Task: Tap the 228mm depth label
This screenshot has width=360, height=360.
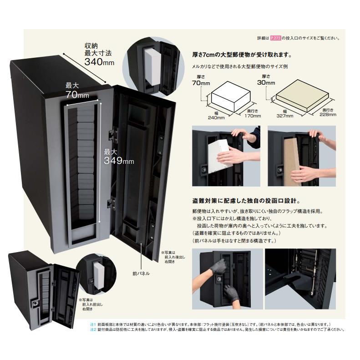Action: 328,114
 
